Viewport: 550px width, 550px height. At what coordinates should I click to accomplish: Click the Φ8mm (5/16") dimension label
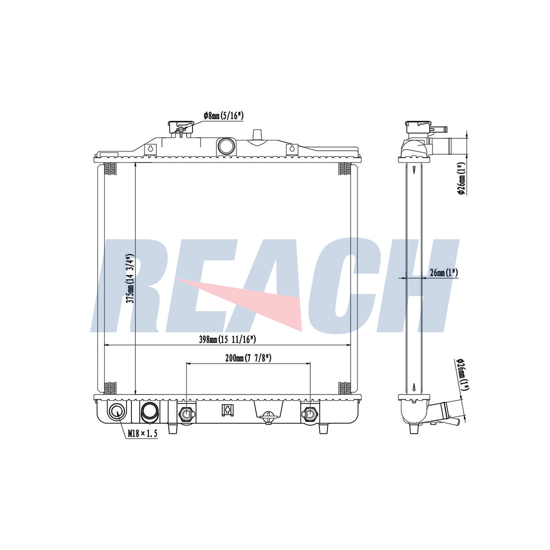point(223,116)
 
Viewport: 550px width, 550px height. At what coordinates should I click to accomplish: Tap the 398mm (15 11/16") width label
point(228,340)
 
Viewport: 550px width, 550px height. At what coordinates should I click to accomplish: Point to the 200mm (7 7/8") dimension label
point(248,358)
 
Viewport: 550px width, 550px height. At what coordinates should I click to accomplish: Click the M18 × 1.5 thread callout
point(143,433)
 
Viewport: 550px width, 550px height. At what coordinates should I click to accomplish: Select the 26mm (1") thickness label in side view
point(444,273)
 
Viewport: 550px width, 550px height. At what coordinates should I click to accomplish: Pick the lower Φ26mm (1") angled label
point(463,374)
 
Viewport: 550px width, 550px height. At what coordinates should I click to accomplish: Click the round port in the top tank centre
point(226,146)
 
